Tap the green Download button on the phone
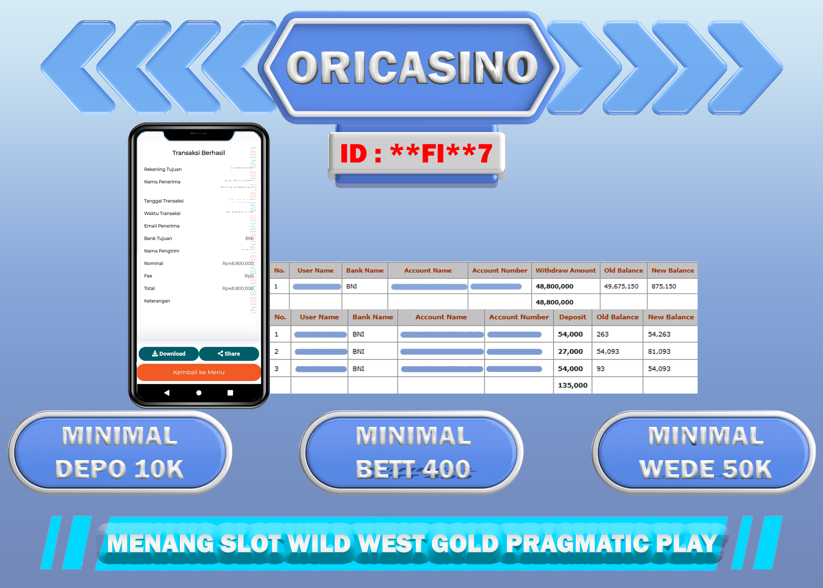tap(169, 354)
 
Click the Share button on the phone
tap(229, 354)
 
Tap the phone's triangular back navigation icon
tap(167, 392)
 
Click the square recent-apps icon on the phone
tap(230, 392)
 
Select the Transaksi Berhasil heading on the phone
tap(199, 153)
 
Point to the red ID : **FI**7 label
tap(416, 153)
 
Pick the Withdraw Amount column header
tap(565, 270)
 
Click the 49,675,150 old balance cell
tap(621, 287)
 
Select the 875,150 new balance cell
tap(663, 287)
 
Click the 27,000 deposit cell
tap(570, 352)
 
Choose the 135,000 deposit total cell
tap(572, 385)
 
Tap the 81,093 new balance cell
tap(659, 352)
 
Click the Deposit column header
tap(572, 317)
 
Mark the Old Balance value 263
tap(602, 334)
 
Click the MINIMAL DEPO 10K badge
tap(120, 452)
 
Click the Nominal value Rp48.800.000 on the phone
tap(237, 263)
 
